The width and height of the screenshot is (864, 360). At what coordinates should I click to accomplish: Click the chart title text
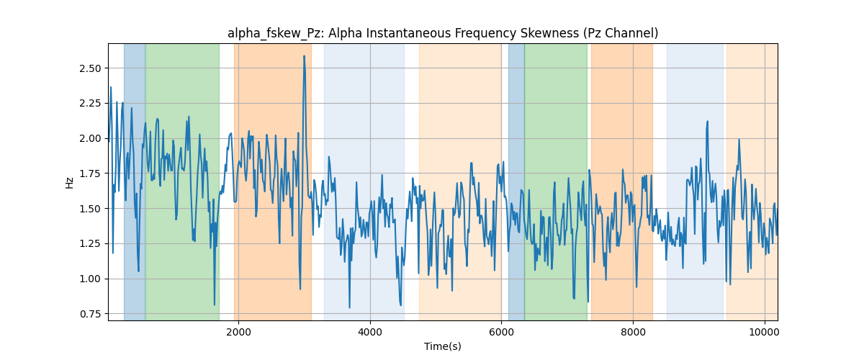[x=442, y=33]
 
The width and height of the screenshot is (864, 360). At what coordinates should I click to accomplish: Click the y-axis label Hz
[x=69, y=182]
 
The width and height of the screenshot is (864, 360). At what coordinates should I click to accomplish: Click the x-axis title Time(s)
[x=442, y=346]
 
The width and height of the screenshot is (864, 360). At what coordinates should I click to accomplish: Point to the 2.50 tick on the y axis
[x=90, y=68]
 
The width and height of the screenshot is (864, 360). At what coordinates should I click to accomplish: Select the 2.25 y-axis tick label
[x=90, y=104]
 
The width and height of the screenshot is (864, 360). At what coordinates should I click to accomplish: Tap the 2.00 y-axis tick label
[x=90, y=138]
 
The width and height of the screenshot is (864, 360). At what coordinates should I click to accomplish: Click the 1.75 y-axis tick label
[x=90, y=174]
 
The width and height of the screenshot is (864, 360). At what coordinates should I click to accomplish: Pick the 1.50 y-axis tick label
[x=90, y=209]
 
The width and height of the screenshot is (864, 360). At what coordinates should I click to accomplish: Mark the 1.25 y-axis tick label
[x=90, y=244]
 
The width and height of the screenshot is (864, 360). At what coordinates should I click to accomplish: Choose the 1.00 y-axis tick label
[x=90, y=279]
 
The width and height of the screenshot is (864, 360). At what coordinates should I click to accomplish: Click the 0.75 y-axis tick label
[x=90, y=314]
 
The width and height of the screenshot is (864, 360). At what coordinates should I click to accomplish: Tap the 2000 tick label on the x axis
[x=239, y=332]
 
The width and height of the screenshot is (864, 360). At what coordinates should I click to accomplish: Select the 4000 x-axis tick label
[x=370, y=332]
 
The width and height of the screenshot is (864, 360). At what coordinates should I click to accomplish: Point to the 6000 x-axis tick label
[x=501, y=332]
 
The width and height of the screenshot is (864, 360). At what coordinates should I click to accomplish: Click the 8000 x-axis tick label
[x=633, y=332]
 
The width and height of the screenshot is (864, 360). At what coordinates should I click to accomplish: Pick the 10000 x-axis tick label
[x=765, y=332]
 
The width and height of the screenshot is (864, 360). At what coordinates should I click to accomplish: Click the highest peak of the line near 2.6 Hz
[x=305, y=56]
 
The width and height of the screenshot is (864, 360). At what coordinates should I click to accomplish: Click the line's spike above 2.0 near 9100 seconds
[x=707, y=122]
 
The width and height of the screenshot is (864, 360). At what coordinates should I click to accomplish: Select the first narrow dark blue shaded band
[x=135, y=181]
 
